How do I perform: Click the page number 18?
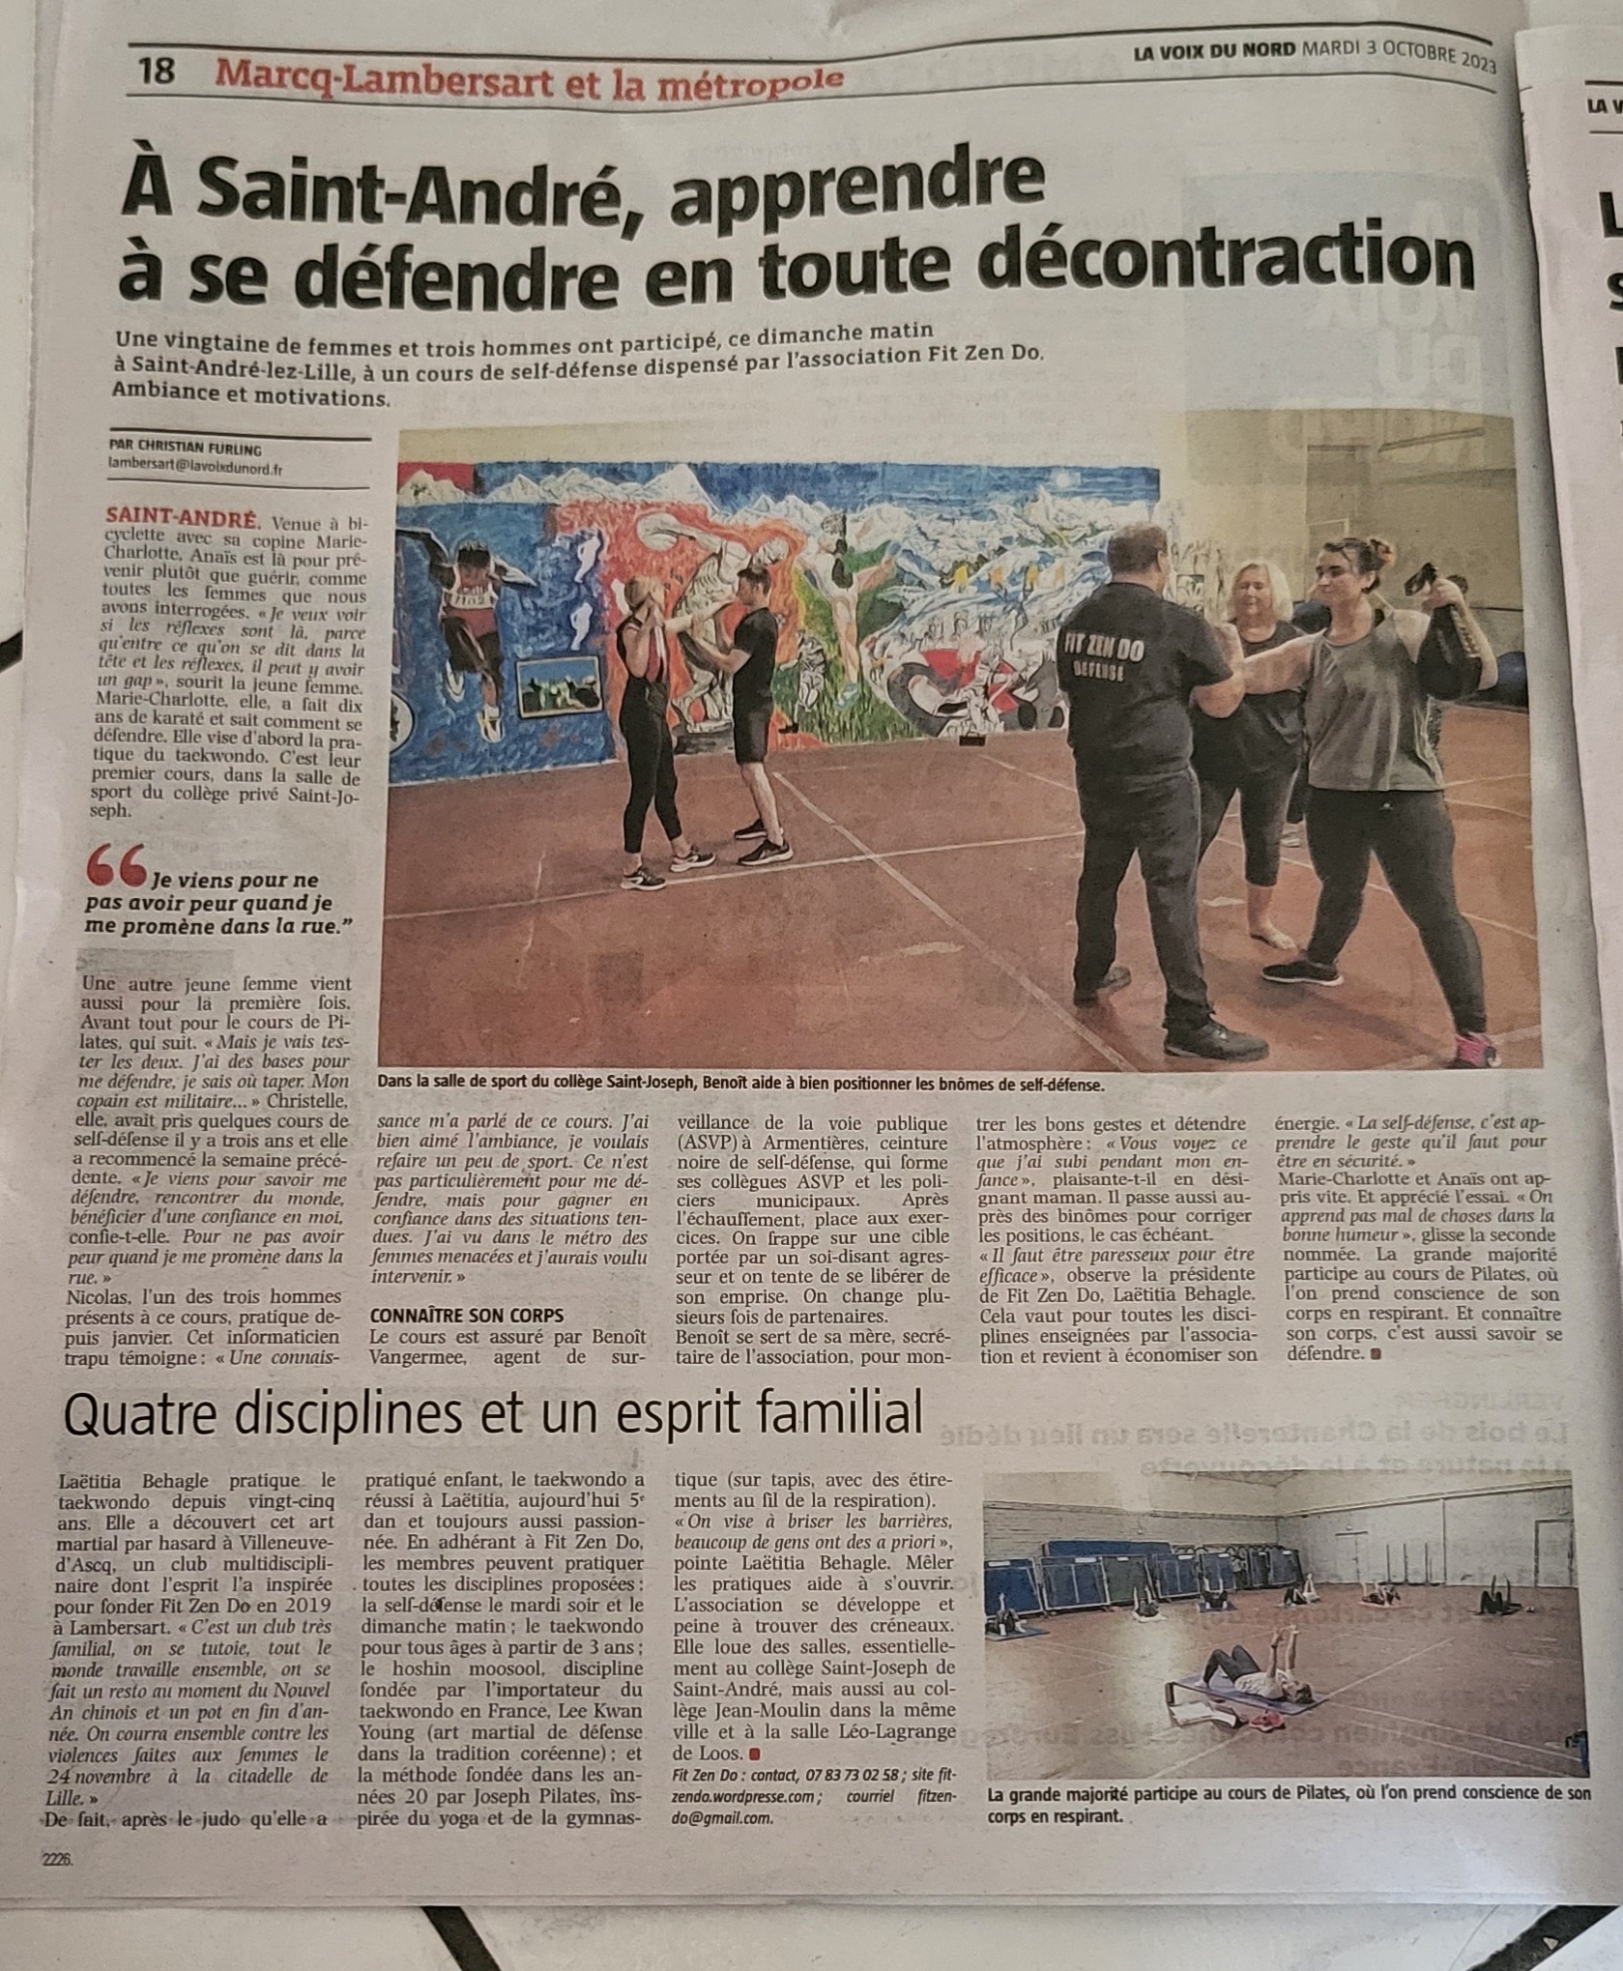156,72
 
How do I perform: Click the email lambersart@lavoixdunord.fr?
196,468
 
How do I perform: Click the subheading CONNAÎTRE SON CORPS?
467,1316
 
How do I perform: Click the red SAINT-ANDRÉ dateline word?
183,516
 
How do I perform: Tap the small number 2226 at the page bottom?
57,1858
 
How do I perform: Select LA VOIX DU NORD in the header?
1214,49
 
